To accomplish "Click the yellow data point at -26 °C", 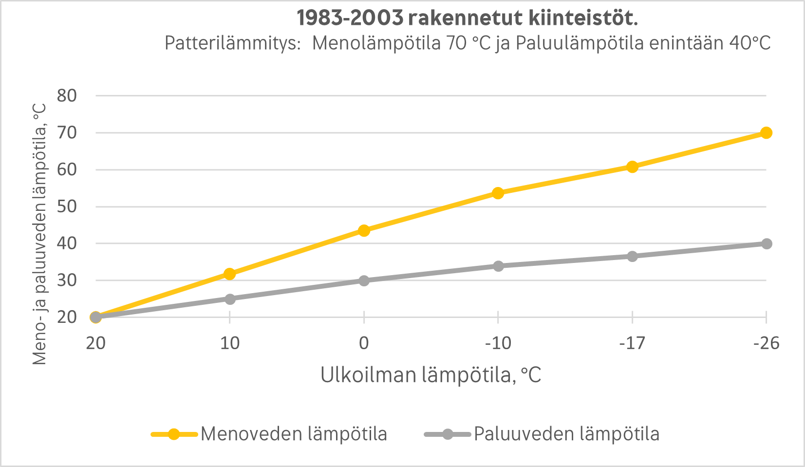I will (766, 133).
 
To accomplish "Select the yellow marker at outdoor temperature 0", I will (364, 230).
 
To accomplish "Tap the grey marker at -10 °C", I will (498, 266).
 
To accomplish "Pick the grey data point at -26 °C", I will (766, 243).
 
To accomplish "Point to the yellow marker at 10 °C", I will (230, 274).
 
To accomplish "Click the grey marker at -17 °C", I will (632, 256).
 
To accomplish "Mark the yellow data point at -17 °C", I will (632, 167).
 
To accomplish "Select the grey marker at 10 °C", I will (230, 299).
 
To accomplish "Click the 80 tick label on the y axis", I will (67, 95).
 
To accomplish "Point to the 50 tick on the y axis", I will (67, 206).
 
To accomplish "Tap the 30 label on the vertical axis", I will (67, 280).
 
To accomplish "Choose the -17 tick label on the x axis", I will (632, 343).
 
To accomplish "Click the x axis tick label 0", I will (364, 343).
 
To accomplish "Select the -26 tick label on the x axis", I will (766, 343).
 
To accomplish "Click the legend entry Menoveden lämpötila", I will (293, 434).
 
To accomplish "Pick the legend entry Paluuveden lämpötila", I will (566, 434).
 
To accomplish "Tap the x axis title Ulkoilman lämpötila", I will (431, 375).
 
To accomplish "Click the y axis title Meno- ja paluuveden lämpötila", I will (40, 234).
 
